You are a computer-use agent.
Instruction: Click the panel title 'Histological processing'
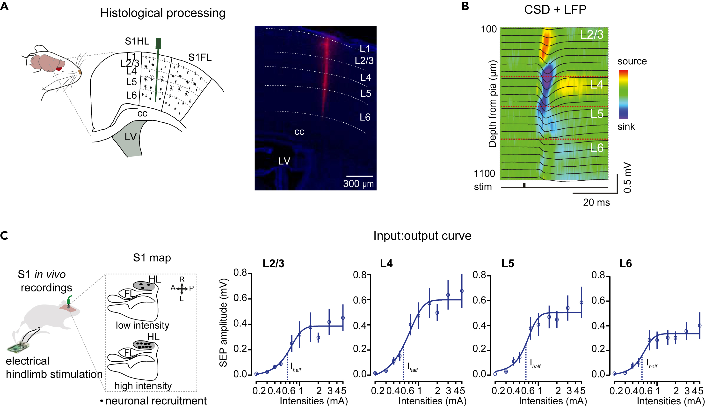pos(163,13)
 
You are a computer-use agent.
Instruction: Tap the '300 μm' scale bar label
pos(358,184)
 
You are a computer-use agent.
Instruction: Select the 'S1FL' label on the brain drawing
pos(200,57)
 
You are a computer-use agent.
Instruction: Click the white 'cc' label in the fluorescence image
pos(299,132)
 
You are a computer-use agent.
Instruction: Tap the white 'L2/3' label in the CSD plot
pos(591,35)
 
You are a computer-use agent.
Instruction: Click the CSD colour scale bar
pos(623,94)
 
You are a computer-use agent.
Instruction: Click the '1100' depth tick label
pos(484,174)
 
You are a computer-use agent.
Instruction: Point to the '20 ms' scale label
pos(596,202)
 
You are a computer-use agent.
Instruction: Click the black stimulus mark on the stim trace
pos(524,185)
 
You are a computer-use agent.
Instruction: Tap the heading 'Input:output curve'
pos(422,236)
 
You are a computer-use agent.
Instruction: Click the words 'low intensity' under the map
pos(142,325)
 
